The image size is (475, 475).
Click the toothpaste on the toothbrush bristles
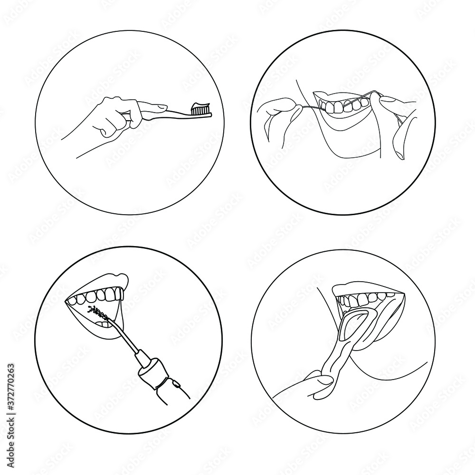pos(201,105)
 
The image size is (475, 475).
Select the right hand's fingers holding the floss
pos(387,102)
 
